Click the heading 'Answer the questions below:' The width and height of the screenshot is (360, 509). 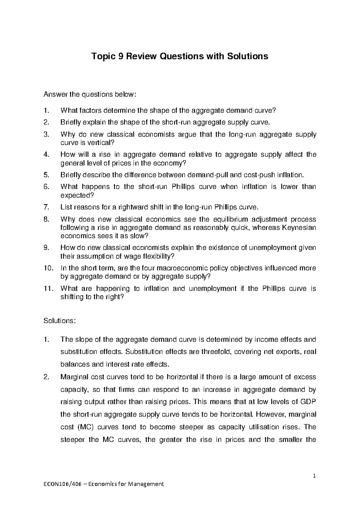click(90, 95)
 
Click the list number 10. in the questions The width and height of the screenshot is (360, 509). click(48, 268)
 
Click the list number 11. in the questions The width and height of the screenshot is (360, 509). click(48, 288)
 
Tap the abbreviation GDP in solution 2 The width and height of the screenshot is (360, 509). click(308, 402)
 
